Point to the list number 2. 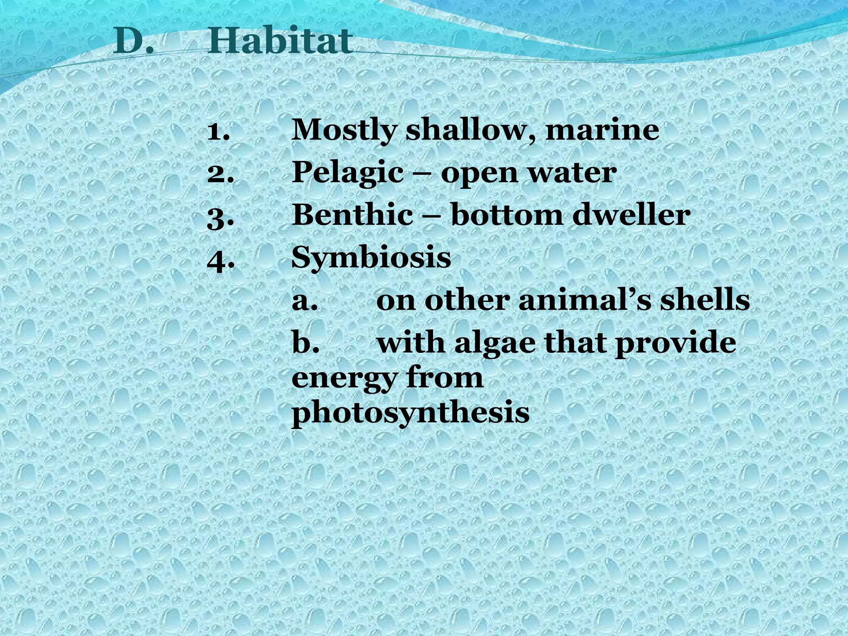pyautogui.click(x=220, y=174)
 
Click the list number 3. pyautogui.click(x=220, y=217)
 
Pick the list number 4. pyautogui.click(x=220, y=259)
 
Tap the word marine pyautogui.click(x=602, y=130)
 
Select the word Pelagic pyautogui.click(x=347, y=174)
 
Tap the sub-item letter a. pyautogui.click(x=304, y=301)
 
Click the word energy pyautogui.click(x=344, y=380)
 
